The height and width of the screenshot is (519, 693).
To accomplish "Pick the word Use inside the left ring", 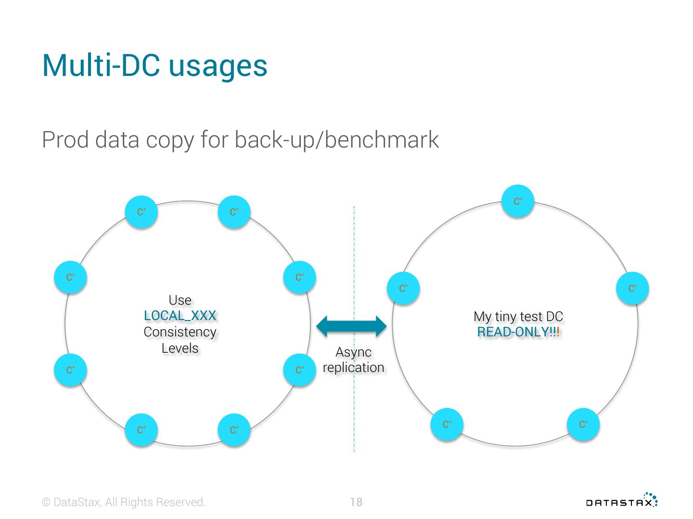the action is click(x=180, y=300).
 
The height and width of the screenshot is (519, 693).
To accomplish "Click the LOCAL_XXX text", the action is click(x=180, y=316).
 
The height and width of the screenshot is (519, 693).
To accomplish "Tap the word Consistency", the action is click(x=180, y=332).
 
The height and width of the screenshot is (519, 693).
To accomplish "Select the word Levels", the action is click(x=180, y=348).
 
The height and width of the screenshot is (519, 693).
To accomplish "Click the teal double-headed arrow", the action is click(x=352, y=326).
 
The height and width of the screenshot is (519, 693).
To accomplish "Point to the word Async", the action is click(x=354, y=352).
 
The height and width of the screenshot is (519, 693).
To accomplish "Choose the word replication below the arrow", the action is click(x=354, y=368).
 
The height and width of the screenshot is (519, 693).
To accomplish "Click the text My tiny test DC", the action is click(x=518, y=316).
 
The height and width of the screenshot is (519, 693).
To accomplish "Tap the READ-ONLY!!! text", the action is click(x=518, y=332).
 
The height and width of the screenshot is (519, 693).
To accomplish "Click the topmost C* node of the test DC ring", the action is click(x=518, y=201).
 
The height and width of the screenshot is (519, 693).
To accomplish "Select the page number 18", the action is click(x=356, y=502).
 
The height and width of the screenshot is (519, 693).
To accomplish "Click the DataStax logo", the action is click(x=621, y=500).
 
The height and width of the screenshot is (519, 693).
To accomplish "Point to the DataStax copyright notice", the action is click(x=124, y=502).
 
